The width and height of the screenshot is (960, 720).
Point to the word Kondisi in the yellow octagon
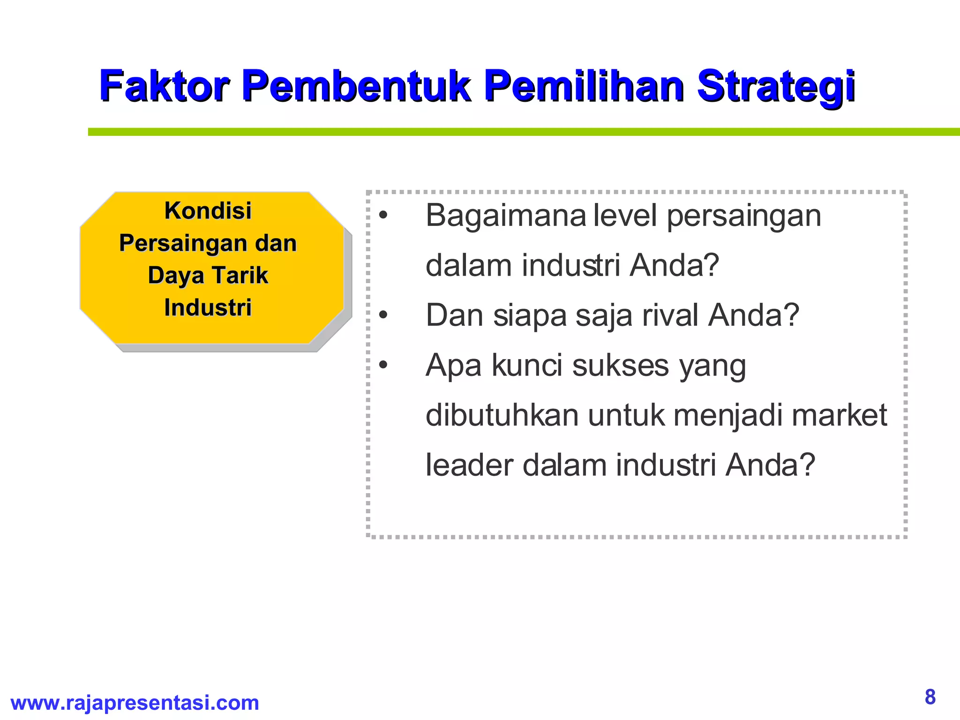pyautogui.click(x=208, y=211)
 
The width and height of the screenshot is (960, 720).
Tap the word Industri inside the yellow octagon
pyautogui.click(x=208, y=308)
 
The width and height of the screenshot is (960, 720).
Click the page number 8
pyautogui.click(x=930, y=697)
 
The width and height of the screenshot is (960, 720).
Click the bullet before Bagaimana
pyautogui.click(x=383, y=216)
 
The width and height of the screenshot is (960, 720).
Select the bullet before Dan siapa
pyautogui.click(x=383, y=316)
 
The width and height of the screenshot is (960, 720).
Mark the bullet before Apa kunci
pyautogui.click(x=383, y=366)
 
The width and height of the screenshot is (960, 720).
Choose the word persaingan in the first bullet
pyautogui.click(x=744, y=217)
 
